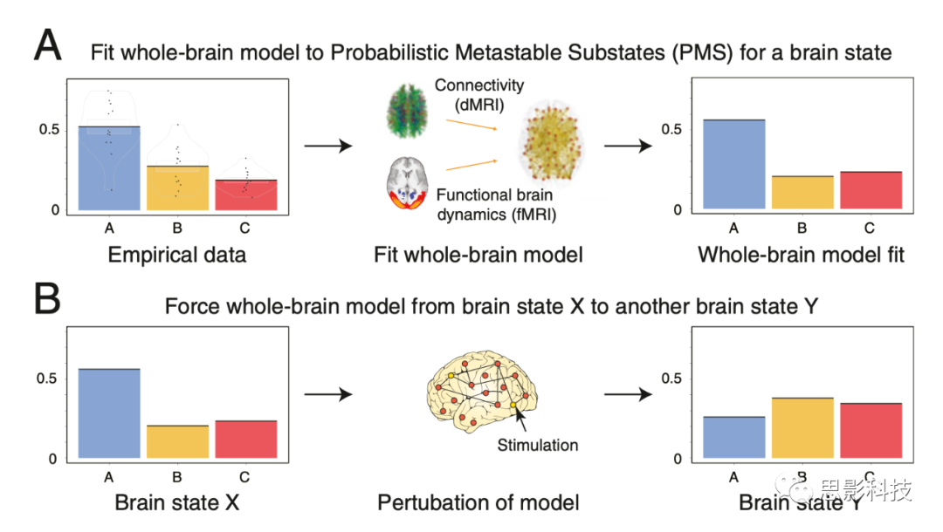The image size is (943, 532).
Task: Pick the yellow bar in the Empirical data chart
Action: tap(176, 188)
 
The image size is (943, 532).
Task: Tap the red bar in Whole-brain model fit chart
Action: tap(871, 191)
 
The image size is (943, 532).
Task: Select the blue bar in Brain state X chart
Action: tap(108, 413)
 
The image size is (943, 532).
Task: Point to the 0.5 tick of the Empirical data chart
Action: tap(57, 130)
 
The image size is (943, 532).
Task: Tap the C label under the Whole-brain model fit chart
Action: tap(871, 228)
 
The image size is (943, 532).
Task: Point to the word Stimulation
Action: tap(538, 445)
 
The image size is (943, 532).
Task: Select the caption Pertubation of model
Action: tap(478, 502)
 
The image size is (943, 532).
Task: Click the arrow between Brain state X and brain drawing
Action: tap(327, 395)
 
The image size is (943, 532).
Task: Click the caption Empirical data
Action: tap(177, 256)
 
